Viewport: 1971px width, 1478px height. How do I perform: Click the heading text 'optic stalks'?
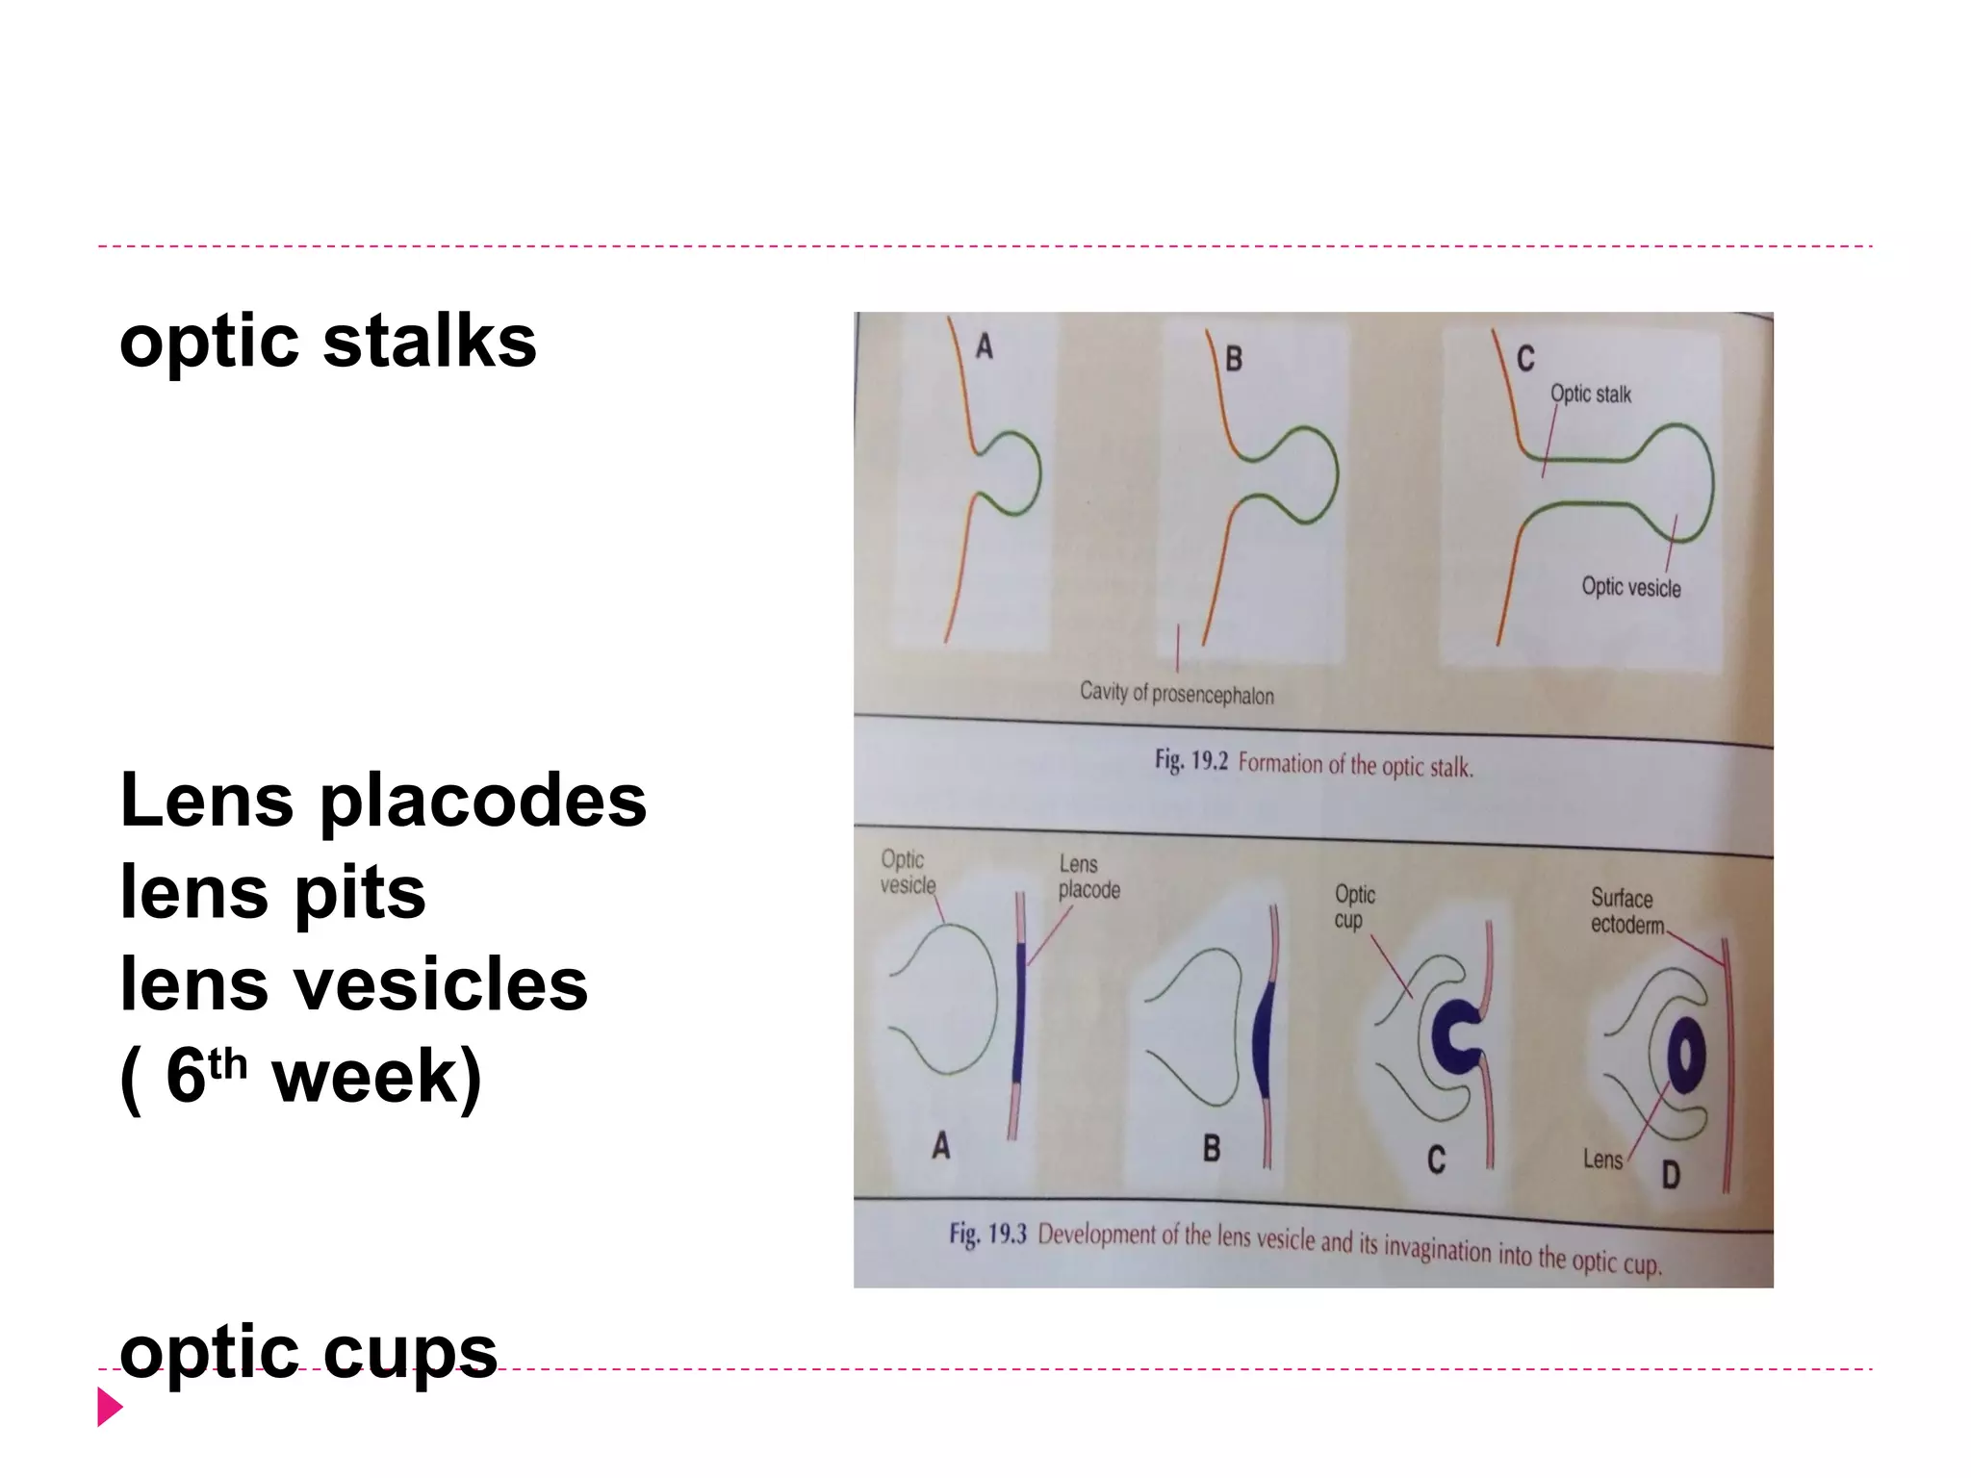[327, 343]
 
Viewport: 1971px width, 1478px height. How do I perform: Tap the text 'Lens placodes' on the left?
[383, 801]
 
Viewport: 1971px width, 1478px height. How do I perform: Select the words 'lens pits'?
[272, 893]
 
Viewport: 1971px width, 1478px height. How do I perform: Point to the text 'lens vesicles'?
[353, 985]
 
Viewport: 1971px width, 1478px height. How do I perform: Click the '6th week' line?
[300, 1076]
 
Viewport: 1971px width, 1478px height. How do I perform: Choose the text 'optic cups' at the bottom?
[308, 1351]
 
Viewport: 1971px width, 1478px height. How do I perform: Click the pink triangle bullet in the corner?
[110, 1407]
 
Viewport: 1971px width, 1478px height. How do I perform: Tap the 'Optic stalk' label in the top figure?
[1590, 395]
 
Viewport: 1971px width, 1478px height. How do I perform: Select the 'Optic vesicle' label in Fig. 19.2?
[1630, 587]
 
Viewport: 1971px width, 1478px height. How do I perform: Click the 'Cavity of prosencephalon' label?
[1176, 693]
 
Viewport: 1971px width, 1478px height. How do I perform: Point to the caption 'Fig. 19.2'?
[1191, 761]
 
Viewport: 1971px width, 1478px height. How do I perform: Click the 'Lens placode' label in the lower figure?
[1088, 877]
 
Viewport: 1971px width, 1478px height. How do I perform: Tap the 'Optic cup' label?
[1354, 906]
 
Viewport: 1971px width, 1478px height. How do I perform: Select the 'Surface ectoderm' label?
[1625, 911]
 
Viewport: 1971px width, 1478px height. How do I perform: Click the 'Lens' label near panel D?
[1602, 1159]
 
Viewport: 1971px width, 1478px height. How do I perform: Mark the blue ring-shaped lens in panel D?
[1686, 1056]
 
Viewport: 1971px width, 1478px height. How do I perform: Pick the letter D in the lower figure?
[1672, 1175]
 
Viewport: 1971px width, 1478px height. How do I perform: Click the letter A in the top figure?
[984, 345]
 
